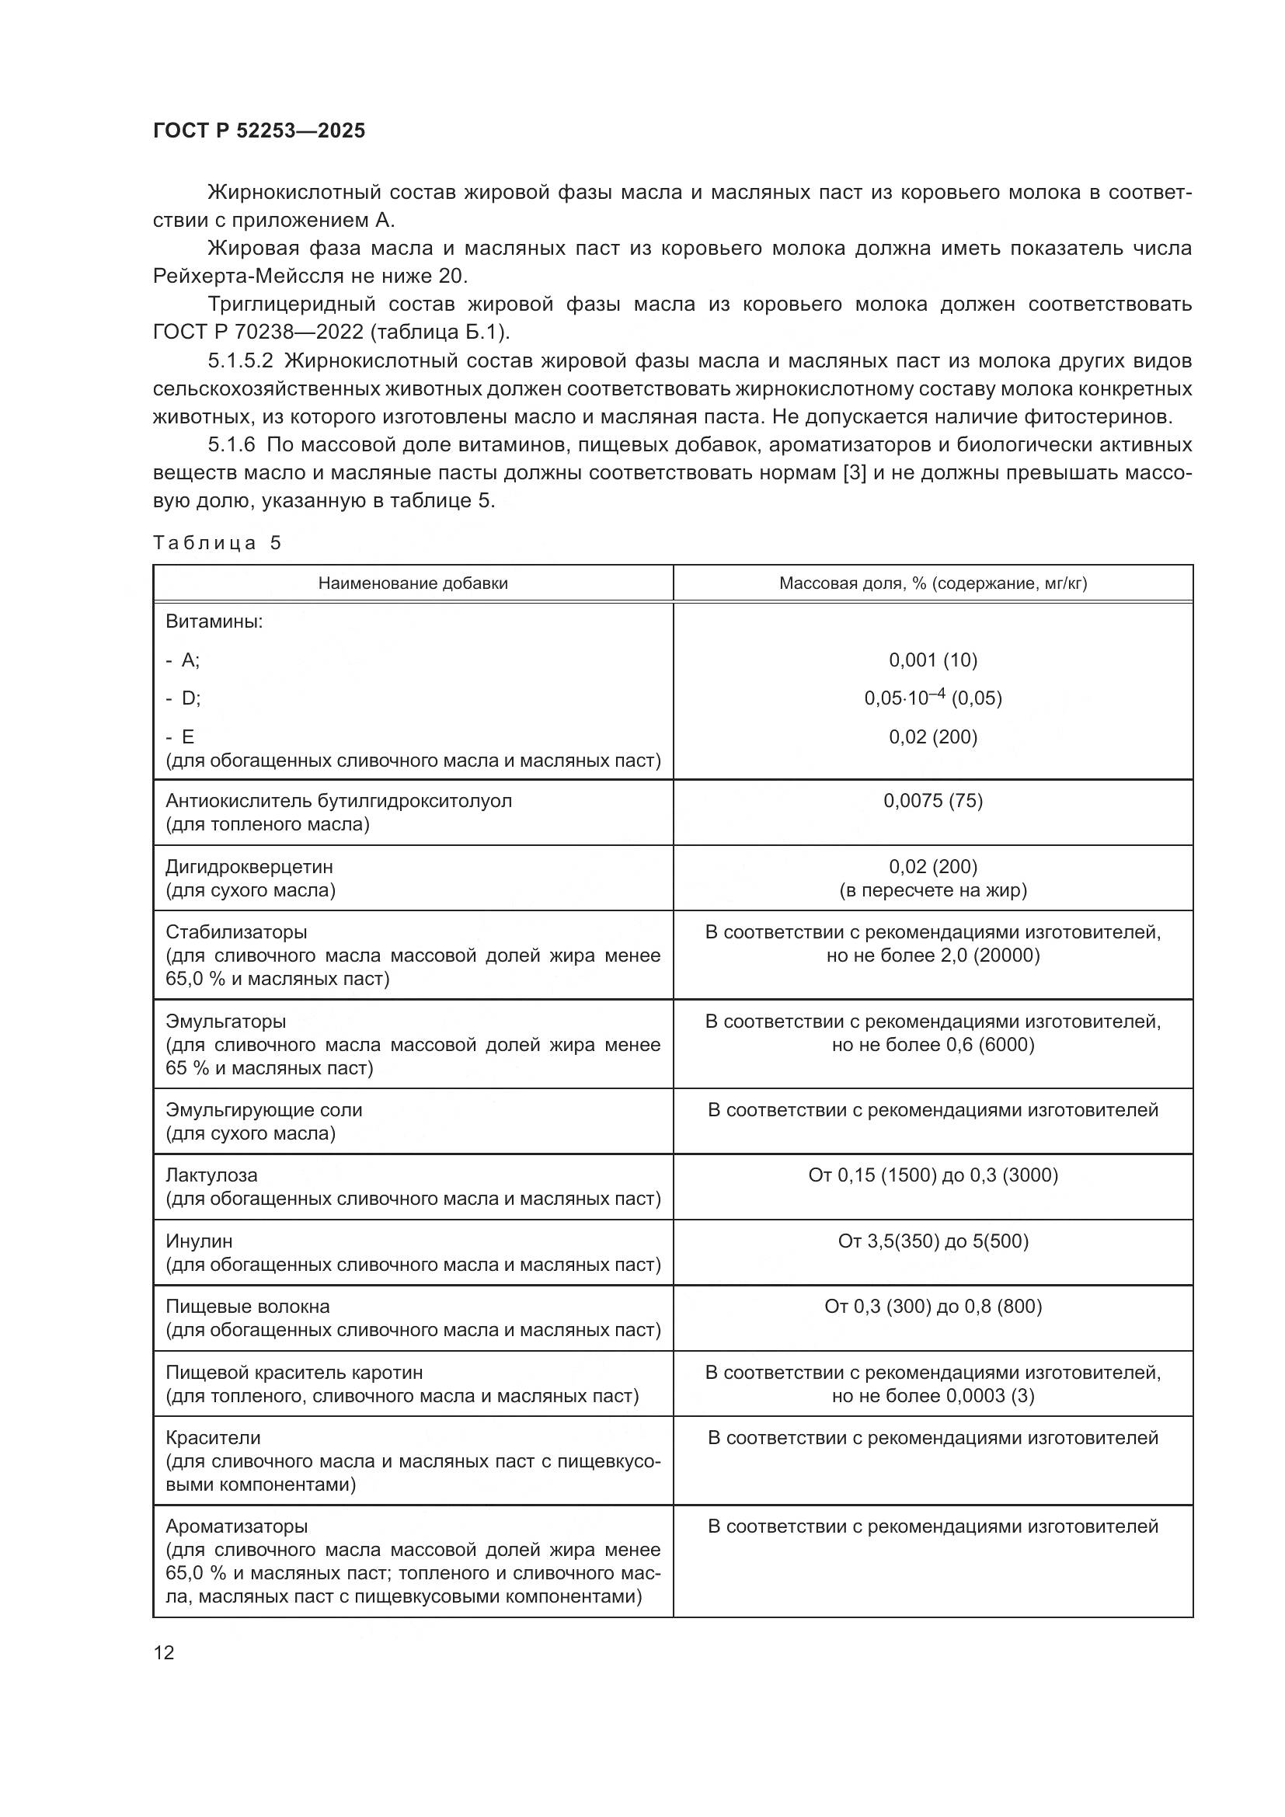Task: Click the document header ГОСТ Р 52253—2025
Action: coord(259,131)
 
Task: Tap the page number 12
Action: coord(164,1652)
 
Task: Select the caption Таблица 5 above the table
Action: coord(217,543)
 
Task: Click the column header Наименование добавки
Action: coord(413,583)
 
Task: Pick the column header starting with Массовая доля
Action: coord(933,583)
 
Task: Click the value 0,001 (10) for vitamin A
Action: coord(933,660)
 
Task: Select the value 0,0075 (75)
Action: coord(933,800)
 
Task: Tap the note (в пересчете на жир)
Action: coord(933,890)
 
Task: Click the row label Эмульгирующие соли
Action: coord(263,1109)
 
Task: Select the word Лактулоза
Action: coord(211,1175)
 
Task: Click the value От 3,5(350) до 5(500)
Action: coord(933,1241)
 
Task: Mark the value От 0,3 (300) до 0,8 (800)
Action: coord(933,1306)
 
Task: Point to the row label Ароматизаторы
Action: coord(237,1526)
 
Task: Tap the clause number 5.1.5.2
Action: coord(241,361)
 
